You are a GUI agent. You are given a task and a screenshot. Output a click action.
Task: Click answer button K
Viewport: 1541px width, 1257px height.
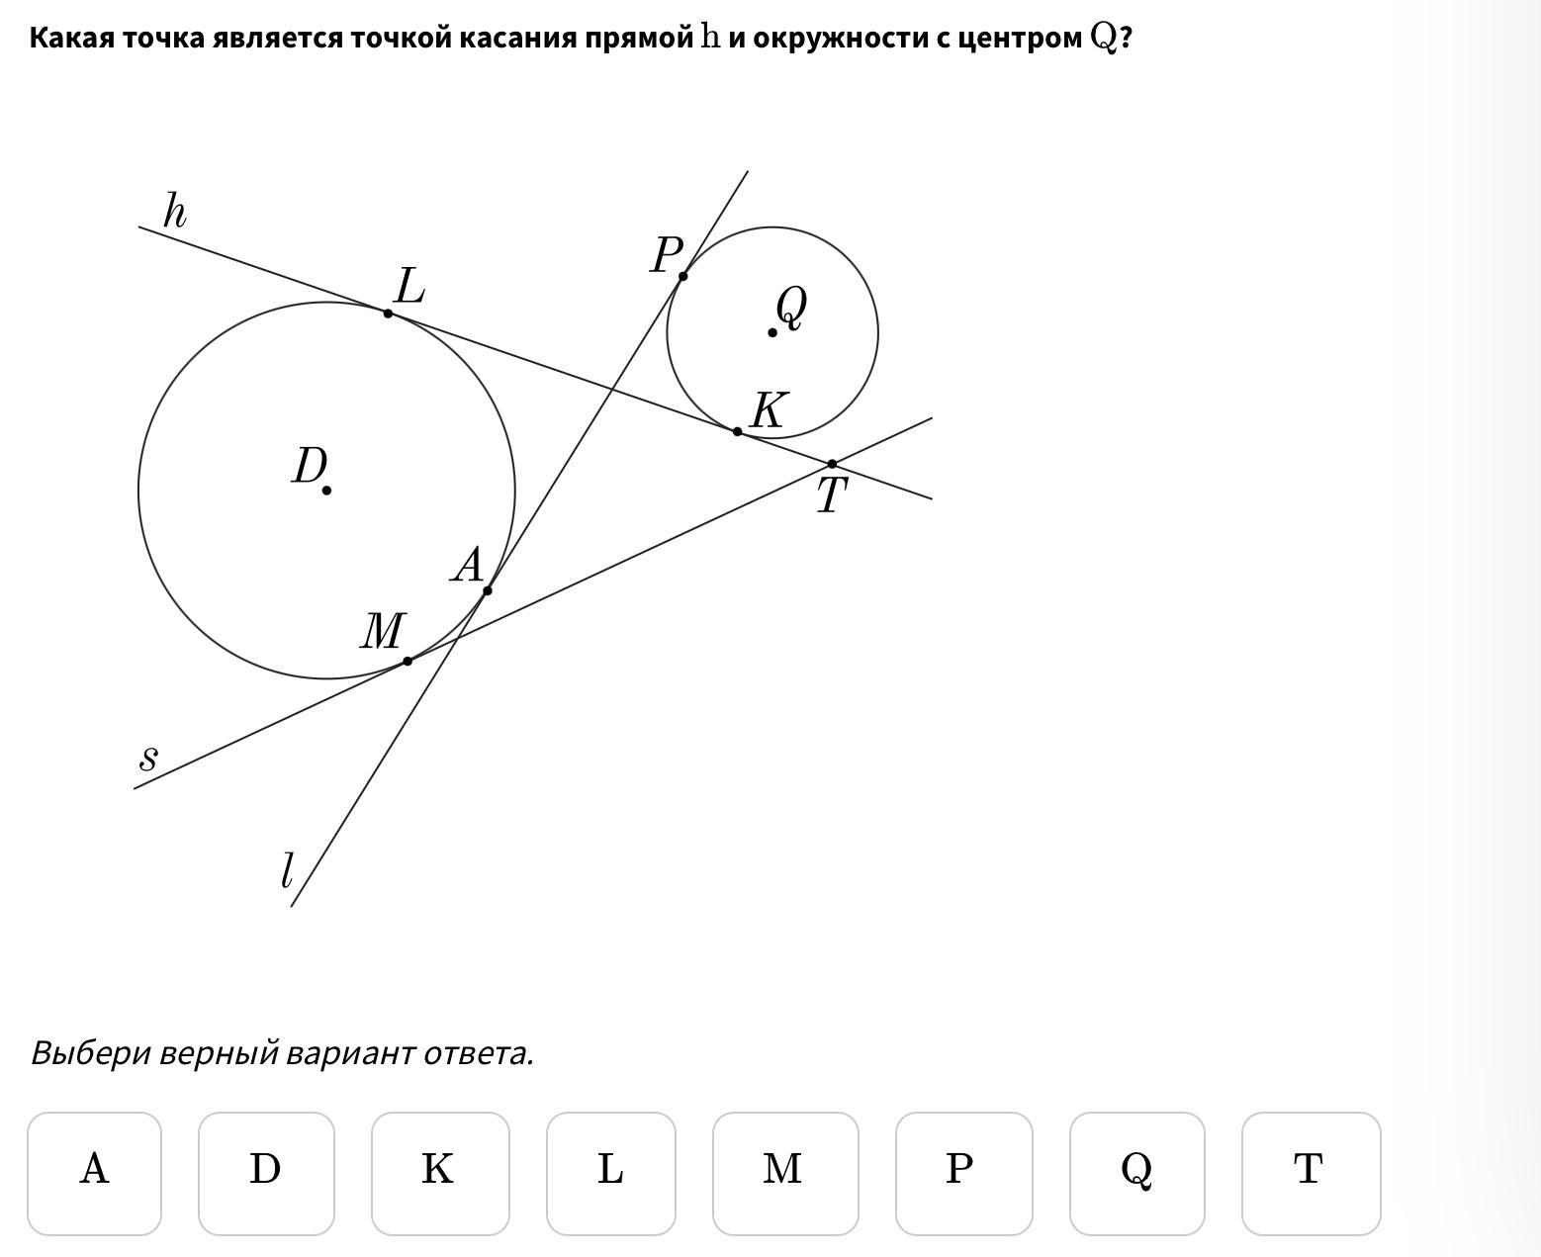440,1173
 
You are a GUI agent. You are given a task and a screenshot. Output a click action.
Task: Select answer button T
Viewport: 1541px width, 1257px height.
1311,1173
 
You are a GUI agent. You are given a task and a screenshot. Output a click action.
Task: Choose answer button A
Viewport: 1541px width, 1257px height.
94,1173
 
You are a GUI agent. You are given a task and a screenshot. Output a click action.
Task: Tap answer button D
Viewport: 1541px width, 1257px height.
266,1173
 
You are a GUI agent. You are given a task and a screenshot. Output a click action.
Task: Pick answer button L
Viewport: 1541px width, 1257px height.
611,1173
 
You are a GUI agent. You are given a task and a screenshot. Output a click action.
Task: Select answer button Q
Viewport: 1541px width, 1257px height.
1136,1173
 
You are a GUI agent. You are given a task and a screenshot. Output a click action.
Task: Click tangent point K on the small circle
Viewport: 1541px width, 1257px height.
737,431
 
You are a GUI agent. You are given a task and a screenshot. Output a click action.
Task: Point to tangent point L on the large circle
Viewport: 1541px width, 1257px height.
388,314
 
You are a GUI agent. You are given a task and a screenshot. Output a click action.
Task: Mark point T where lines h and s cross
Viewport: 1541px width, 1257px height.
832,463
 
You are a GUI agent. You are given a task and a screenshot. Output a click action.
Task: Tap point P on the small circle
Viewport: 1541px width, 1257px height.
683,276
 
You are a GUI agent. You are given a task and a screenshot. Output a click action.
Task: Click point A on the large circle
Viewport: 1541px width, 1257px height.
488,590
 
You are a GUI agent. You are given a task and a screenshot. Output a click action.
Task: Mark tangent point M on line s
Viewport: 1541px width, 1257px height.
408,661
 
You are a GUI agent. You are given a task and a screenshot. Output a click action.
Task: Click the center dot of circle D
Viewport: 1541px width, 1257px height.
326,490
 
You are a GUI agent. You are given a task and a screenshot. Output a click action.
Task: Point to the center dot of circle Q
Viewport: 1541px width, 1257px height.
772,332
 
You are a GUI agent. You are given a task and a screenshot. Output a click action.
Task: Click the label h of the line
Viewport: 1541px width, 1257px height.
174,211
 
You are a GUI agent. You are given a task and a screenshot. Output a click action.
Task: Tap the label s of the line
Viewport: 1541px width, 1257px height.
148,759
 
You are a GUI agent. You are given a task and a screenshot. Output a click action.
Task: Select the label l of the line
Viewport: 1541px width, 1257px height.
287,871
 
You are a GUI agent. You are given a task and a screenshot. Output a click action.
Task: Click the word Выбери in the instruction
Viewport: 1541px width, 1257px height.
91,1053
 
